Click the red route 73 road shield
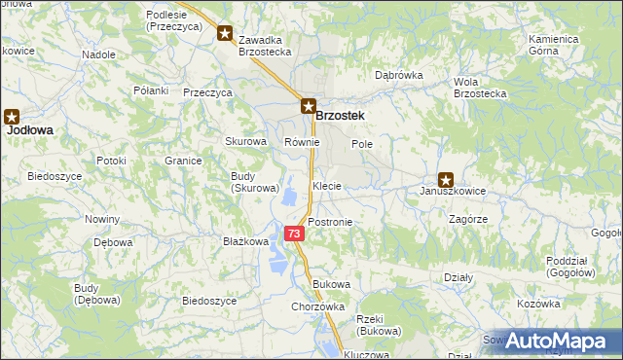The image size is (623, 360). tap(294, 234)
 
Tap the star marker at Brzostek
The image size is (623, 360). tap(307, 107)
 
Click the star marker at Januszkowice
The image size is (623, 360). tap(446, 179)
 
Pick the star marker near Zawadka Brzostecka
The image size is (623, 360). tap(225, 34)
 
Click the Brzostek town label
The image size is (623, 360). tap(341, 116)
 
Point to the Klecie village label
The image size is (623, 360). tap(326, 185)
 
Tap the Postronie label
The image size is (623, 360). tap(329, 222)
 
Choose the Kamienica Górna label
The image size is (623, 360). tap(554, 45)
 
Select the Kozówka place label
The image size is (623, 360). tap(539, 305)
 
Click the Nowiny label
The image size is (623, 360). tap(101, 219)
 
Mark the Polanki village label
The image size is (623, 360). tap(151, 90)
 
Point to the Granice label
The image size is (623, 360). tap(182, 161)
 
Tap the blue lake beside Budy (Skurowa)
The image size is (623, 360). tap(290, 198)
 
